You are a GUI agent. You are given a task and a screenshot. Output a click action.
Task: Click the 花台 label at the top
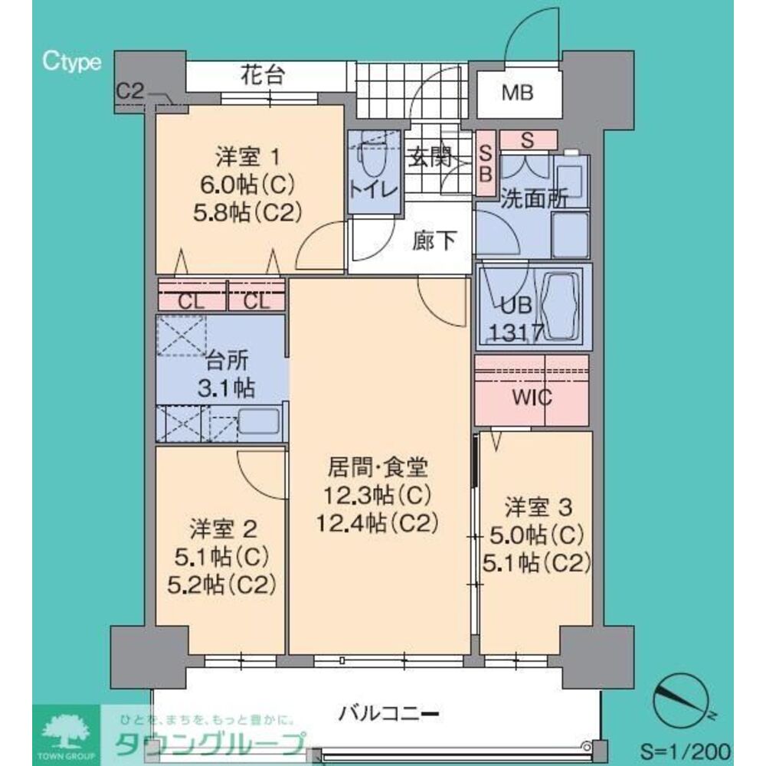tap(262, 76)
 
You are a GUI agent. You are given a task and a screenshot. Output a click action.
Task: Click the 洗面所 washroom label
tap(534, 198)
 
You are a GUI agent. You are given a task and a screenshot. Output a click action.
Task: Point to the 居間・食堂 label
tap(378, 466)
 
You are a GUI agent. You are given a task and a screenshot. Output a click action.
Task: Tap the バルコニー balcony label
tap(388, 715)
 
